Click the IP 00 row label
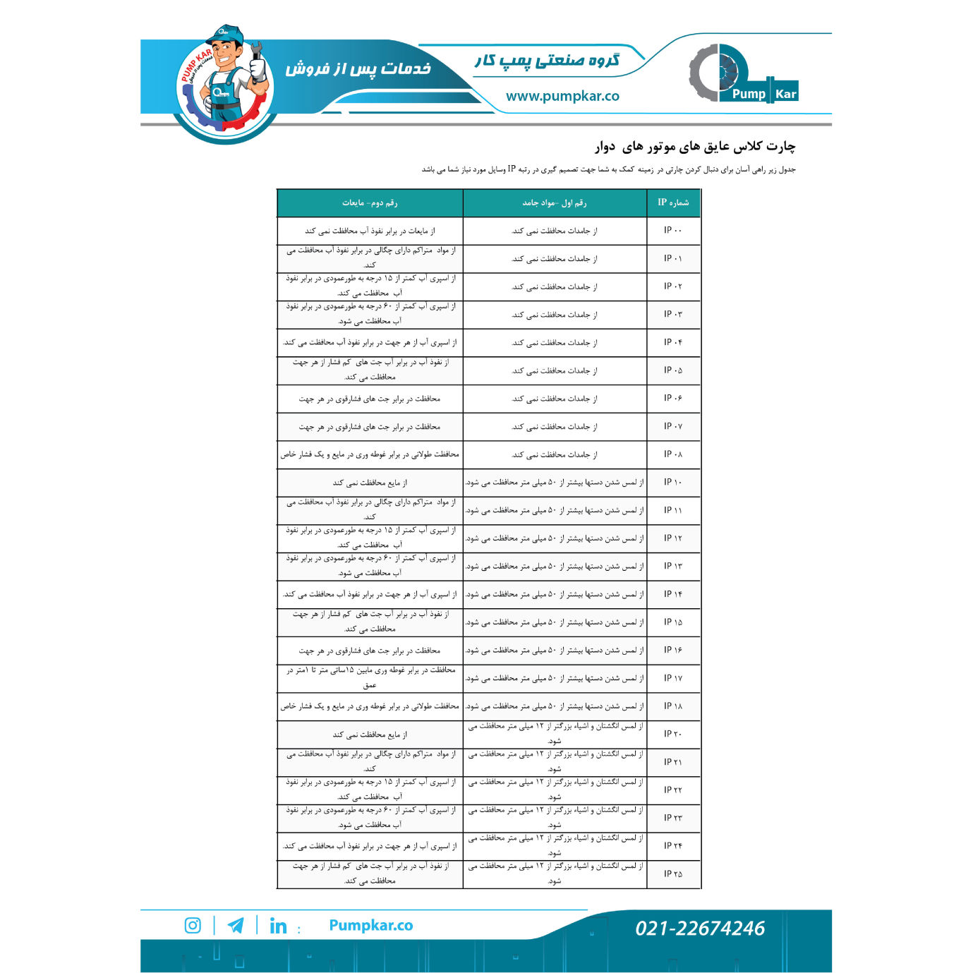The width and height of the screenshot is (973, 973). tap(672, 230)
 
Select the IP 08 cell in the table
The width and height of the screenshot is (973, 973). tap(672, 454)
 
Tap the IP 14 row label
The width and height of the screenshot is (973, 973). tap(672, 594)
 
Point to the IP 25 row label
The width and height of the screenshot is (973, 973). tap(672, 874)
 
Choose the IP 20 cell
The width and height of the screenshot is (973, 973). tap(672, 734)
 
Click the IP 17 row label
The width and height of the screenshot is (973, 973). tap(672, 678)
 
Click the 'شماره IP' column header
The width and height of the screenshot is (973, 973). tap(673, 203)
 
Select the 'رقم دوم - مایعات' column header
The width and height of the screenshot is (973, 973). tap(370, 203)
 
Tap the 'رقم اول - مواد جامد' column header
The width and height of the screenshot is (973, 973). tap(555, 203)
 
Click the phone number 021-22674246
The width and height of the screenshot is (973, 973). tap(699, 928)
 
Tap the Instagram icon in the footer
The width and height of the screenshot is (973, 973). tap(193, 925)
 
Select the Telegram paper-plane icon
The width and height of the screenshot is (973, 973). tap(236, 925)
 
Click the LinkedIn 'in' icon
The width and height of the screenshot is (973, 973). tap(278, 926)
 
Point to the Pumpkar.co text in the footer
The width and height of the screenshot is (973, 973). tap(370, 925)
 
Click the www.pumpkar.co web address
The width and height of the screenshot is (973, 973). tap(562, 96)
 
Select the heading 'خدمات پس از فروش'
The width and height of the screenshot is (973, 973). tap(358, 68)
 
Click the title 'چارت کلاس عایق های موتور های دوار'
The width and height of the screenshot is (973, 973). tap(694, 146)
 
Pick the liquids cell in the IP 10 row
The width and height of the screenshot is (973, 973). tap(370, 483)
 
